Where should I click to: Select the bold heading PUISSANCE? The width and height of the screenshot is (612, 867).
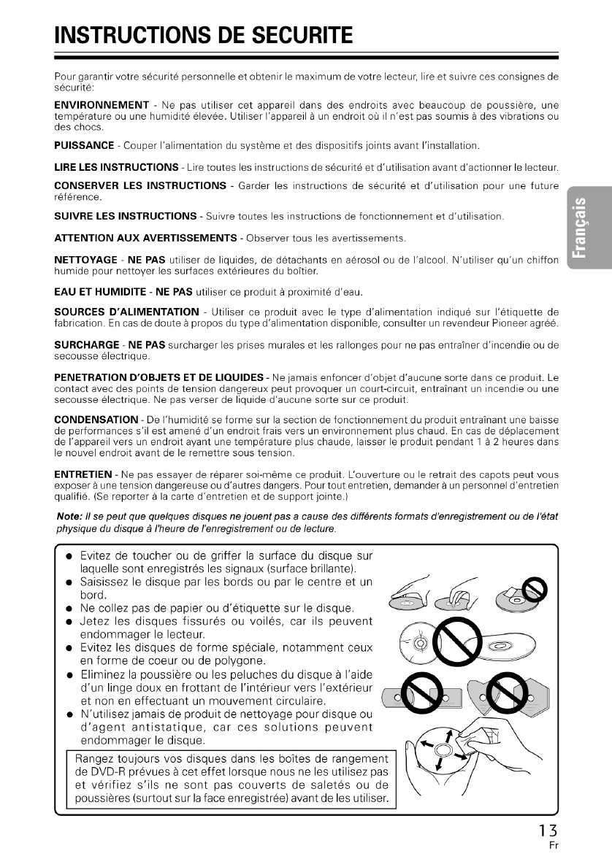tap(85, 146)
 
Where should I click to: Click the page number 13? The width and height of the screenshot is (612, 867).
tap(548, 830)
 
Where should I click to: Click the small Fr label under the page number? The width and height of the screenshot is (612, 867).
tap(553, 847)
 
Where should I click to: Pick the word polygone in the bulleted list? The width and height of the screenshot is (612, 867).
tap(208, 661)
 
